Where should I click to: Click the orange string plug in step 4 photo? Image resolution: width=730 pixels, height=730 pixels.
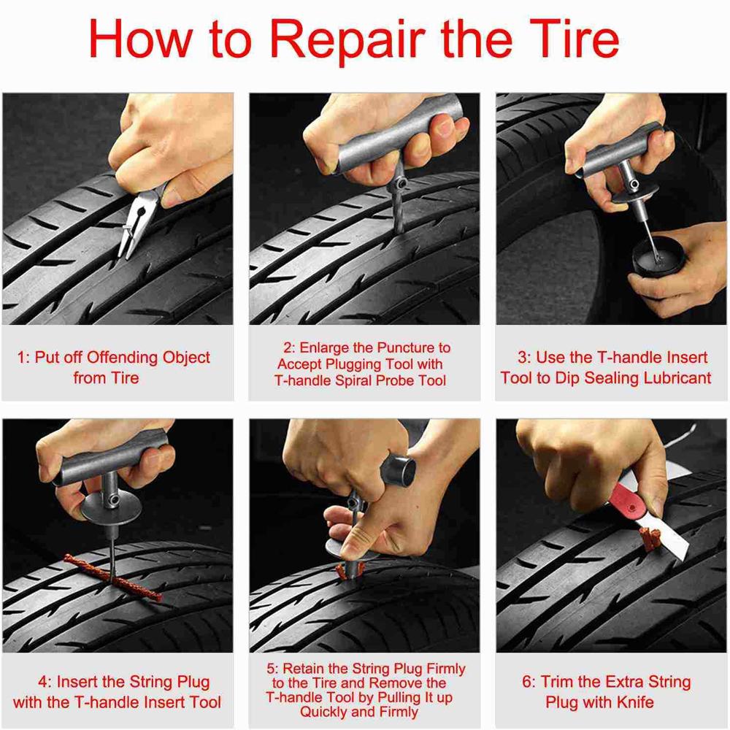tap(113, 577)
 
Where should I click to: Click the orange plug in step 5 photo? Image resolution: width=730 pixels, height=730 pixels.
tap(345, 571)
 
